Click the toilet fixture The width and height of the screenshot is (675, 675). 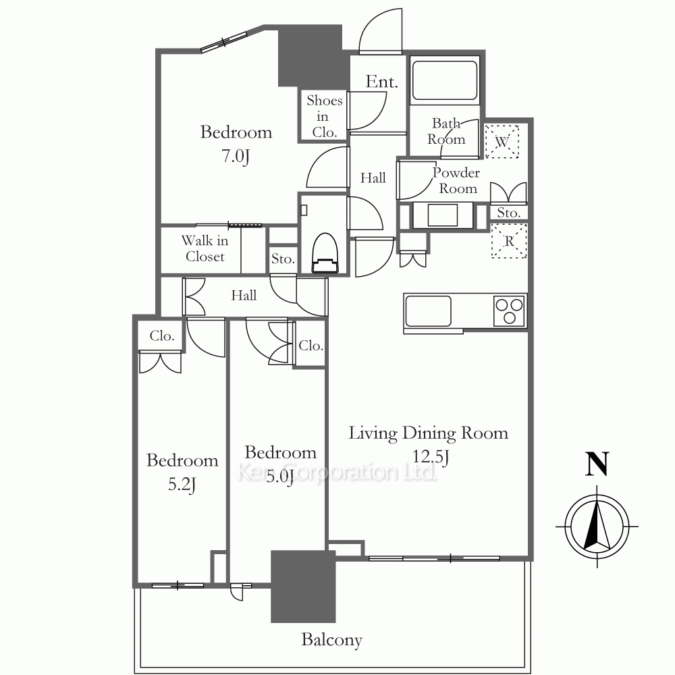tap(325, 253)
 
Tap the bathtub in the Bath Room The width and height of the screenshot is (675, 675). tap(445, 80)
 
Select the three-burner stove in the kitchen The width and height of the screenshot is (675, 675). tap(510, 310)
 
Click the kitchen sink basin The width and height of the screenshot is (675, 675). tap(427, 310)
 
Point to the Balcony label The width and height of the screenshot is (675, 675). tap(331, 640)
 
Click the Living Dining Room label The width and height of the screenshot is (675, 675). tap(429, 433)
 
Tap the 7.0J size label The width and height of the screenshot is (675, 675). tap(236, 156)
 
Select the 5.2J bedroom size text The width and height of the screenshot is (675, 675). tap(182, 485)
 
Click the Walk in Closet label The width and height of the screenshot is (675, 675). tap(205, 248)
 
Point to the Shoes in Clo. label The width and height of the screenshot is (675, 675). tap(325, 116)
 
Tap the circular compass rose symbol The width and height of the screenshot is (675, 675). tap(597, 526)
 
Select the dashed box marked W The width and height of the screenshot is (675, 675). tap(502, 141)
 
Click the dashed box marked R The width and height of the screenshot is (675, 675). tap(509, 241)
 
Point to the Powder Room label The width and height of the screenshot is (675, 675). tap(457, 181)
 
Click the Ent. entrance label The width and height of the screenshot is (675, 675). tap(382, 82)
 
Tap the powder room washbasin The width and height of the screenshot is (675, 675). tap(443, 215)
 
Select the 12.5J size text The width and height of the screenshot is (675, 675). tap(431, 457)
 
